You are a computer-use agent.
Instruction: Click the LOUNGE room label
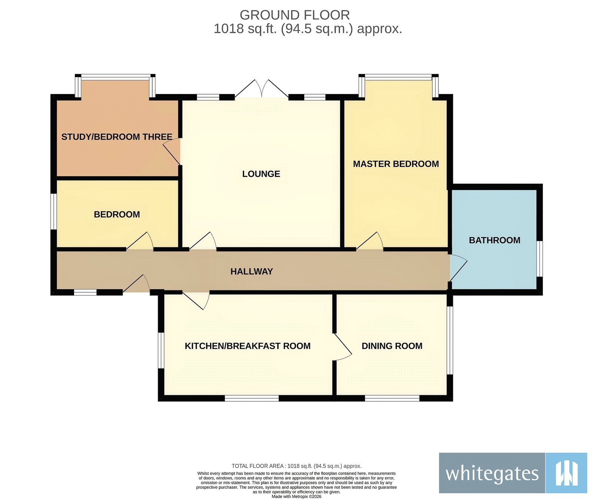click(x=261, y=174)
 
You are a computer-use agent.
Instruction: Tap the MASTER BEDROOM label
click(x=395, y=164)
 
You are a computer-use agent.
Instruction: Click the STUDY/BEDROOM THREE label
click(x=117, y=137)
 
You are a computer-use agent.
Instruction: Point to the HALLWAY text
click(x=251, y=272)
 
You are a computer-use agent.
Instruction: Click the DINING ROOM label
click(x=392, y=346)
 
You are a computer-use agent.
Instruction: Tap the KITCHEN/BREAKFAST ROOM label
click(x=248, y=346)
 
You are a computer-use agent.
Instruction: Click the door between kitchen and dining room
click(x=342, y=347)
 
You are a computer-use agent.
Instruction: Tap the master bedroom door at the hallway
click(x=370, y=242)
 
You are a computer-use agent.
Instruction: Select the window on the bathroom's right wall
click(x=540, y=259)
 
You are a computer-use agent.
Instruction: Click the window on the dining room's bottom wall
click(x=392, y=398)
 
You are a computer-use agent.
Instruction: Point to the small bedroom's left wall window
click(x=54, y=212)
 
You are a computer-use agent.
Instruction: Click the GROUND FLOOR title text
click(x=295, y=15)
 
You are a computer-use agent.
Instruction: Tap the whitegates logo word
click(x=492, y=473)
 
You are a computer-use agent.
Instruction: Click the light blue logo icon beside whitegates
click(x=566, y=473)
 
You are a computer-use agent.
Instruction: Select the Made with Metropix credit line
click(x=296, y=496)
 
